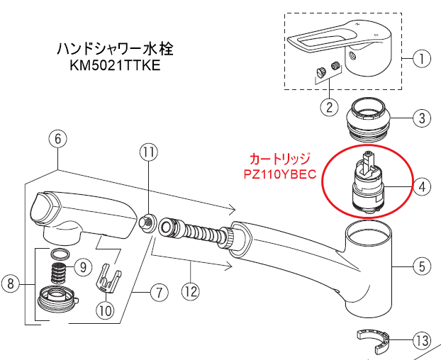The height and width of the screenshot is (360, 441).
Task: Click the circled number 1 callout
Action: click(x=421, y=59)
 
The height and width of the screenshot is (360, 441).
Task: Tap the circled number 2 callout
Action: click(x=328, y=108)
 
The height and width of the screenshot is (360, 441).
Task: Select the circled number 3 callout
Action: click(x=421, y=117)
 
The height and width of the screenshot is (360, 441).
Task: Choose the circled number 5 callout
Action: click(x=421, y=266)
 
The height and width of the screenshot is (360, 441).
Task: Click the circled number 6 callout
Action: click(x=58, y=140)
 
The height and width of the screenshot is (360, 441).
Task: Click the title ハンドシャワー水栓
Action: click(x=114, y=50)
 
